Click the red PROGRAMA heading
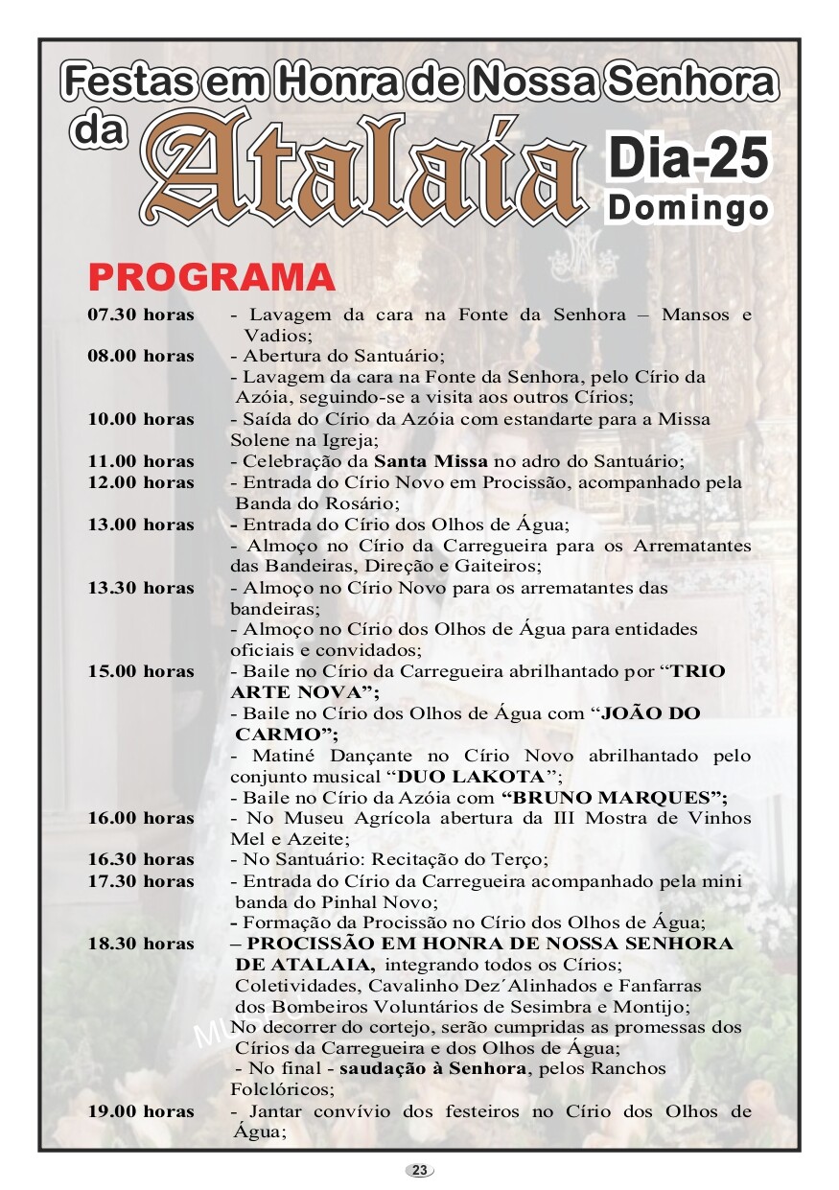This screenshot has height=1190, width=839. pos(212,276)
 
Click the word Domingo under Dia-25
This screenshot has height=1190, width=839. pos(688,208)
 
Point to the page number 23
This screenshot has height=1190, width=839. pos(419,1170)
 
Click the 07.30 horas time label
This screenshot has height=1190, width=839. pos(141,315)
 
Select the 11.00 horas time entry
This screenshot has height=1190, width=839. pos(141,461)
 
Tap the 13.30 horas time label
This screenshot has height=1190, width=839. pos(141,588)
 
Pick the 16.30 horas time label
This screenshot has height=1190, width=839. pos(141,860)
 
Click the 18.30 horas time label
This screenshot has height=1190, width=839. pos(141,944)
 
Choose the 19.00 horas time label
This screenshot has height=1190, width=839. pos(141,1111)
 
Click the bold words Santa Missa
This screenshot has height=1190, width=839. pos(431,461)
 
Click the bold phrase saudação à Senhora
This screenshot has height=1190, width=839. pos(432,1069)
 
